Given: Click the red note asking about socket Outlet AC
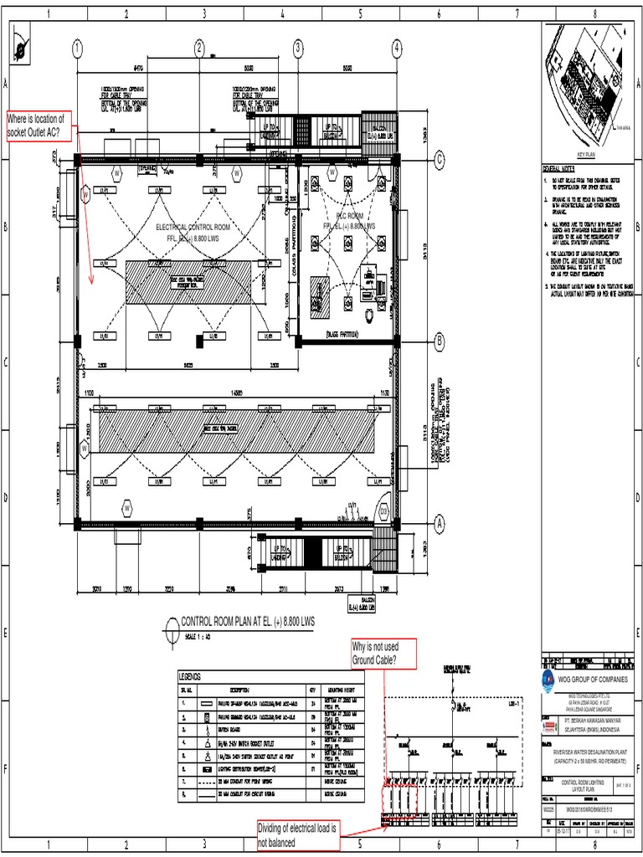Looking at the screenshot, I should pos(39,125).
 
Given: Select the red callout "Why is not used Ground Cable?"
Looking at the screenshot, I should pos(384,654).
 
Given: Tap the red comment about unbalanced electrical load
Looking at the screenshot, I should pos(296,834).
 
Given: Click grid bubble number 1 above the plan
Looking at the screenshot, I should pos(77,49).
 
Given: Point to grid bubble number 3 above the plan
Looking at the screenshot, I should pos(298,49).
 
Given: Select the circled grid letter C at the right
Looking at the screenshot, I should pos(438,162).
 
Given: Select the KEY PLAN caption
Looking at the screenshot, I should pos(584,155).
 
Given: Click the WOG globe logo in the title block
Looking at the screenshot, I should pos(548,679).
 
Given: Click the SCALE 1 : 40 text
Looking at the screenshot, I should pos(198,636).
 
